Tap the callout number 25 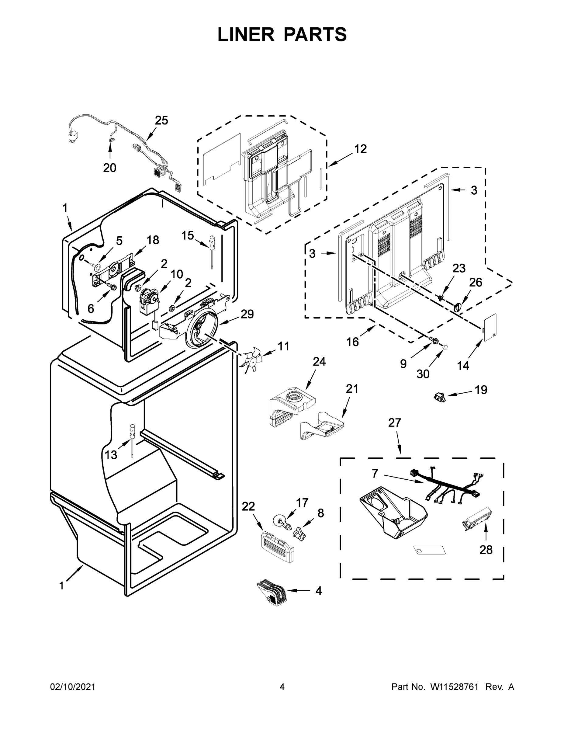coord(161,120)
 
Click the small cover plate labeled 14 coord(490,327)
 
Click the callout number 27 coord(394,423)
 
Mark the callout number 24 coord(319,362)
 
